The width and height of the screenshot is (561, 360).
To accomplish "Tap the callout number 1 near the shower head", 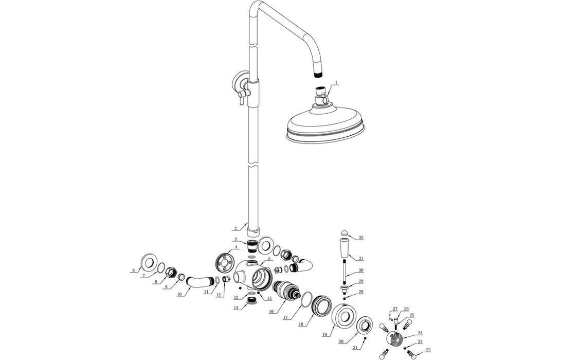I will click(x=336, y=82).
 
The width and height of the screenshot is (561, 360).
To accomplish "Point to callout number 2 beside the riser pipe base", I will click(x=235, y=228).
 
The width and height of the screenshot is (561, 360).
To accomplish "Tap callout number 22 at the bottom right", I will click(x=428, y=351).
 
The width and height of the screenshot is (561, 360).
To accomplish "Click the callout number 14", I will click(x=236, y=308).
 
